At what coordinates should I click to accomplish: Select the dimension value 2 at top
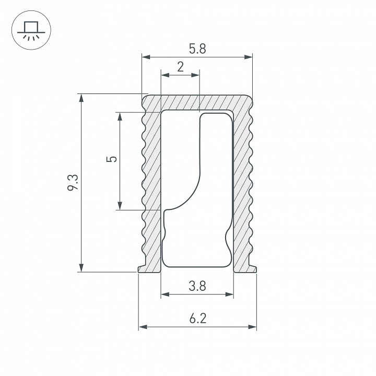[x=180, y=67]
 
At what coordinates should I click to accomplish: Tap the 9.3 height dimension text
[x=73, y=183]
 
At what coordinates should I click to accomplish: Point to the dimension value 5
[x=111, y=159]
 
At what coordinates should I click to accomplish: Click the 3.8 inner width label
[x=197, y=286]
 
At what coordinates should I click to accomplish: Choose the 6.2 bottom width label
[x=197, y=318]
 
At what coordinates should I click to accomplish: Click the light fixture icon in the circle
[x=30, y=30]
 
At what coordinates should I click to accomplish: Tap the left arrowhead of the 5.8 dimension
[x=146, y=56]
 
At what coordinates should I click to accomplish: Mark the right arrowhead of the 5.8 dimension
[x=249, y=56]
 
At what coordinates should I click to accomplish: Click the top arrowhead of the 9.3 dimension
[x=81, y=98]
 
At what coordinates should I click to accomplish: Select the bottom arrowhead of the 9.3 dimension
[x=81, y=268]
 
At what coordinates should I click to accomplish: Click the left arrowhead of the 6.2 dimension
[x=142, y=327]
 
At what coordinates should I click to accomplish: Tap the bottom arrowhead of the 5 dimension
[x=120, y=206]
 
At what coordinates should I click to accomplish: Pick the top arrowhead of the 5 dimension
[x=120, y=116]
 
